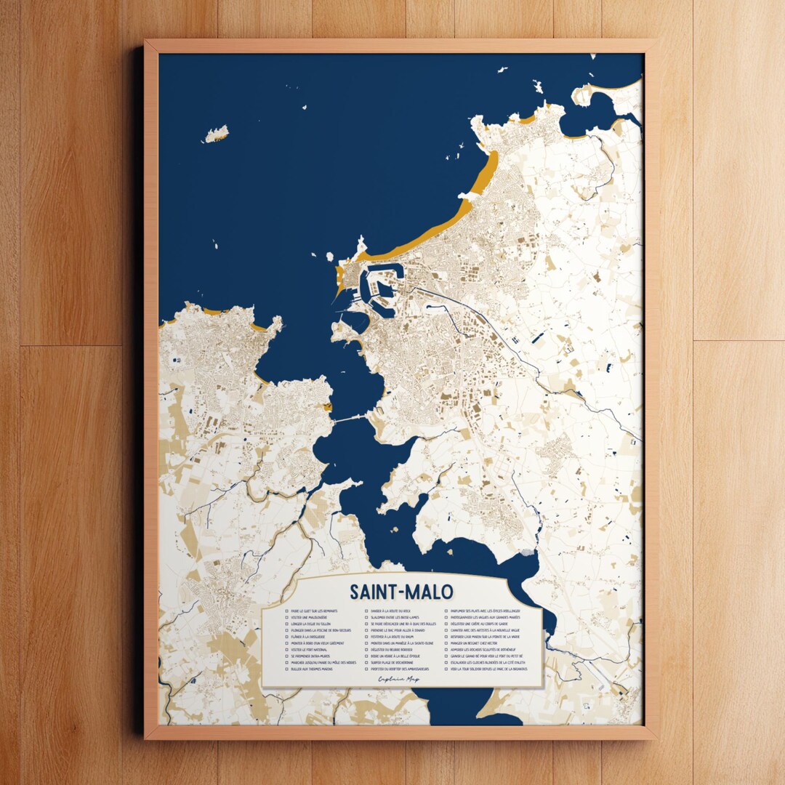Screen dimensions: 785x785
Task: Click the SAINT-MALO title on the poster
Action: click(x=401, y=591)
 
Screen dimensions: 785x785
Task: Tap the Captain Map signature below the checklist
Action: click(x=399, y=680)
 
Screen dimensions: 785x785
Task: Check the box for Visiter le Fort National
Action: click(x=286, y=650)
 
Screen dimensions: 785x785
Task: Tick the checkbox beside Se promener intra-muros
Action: click(x=286, y=656)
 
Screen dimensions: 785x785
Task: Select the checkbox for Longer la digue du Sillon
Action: click(x=286, y=624)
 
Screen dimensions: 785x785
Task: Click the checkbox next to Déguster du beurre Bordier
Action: click(x=366, y=650)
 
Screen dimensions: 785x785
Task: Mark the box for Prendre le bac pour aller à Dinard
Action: click(x=366, y=630)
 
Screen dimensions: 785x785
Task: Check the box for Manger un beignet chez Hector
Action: click(x=446, y=643)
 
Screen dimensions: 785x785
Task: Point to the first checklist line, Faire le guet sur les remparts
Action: click(x=313, y=611)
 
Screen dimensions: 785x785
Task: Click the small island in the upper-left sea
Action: click(x=216, y=134)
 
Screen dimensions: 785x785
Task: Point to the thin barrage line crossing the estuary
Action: click(x=349, y=419)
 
